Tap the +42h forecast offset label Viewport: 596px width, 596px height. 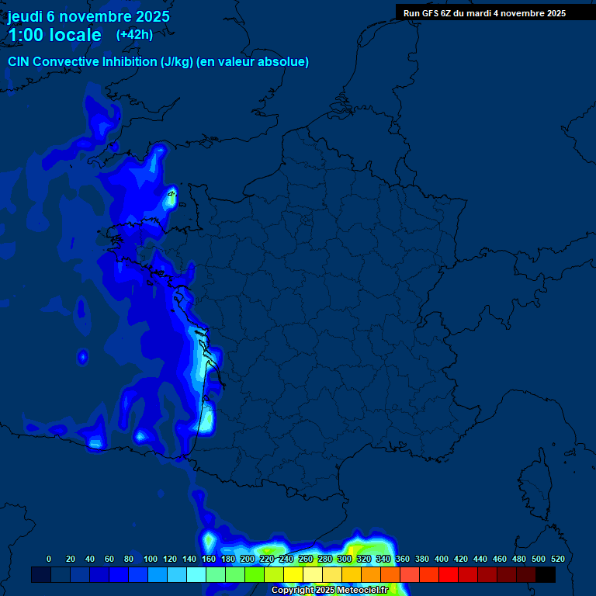click(x=134, y=34)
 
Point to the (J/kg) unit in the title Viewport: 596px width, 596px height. click(x=178, y=61)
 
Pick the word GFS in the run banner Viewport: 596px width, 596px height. click(x=430, y=13)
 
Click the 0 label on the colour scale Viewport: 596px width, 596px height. click(x=49, y=559)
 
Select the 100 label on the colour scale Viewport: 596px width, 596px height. click(x=150, y=559)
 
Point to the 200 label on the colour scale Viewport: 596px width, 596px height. click(x=248, y=559)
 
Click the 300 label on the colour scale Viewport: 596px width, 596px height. click(x=345, y=559)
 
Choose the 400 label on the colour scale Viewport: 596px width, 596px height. click(x=442, y=559)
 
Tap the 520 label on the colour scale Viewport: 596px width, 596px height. click(x=557, y=559)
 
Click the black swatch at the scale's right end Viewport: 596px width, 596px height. click(x=546, y=574)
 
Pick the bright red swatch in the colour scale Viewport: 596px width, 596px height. click(x=449, y=574)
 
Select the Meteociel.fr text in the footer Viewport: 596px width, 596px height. click(x=362, y=591)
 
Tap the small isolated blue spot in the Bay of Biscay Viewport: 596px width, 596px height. click(x=82, y=357)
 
